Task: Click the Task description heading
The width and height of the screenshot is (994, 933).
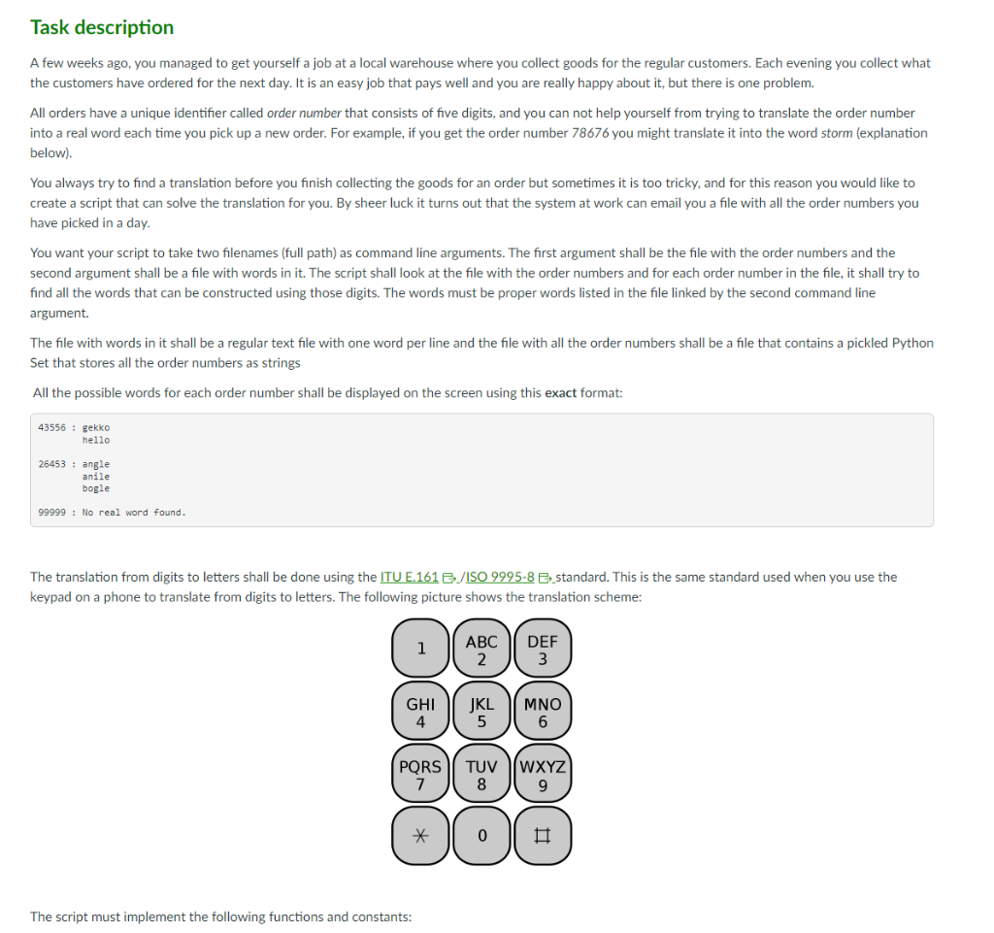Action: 102,27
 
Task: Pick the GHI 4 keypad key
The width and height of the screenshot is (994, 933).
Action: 421,712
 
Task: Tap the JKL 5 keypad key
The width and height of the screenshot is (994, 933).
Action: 481,712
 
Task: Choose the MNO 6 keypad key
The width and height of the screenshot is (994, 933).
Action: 543,712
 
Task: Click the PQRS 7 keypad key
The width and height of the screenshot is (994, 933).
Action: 421,774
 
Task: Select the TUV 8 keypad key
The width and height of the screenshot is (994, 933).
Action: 481,774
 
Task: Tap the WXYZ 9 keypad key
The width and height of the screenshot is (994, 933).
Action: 543,774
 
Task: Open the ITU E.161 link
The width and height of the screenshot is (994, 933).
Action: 409,577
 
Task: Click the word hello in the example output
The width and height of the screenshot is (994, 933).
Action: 96,440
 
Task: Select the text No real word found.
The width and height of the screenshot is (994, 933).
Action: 134,513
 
